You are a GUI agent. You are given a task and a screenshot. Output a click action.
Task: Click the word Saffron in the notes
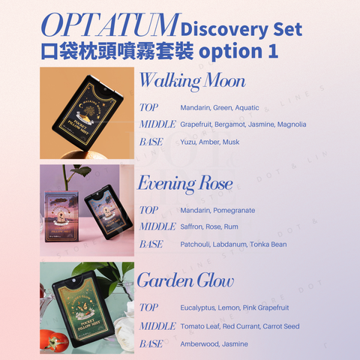(x=193, y=226)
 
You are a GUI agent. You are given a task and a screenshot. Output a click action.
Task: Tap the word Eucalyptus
(x=197, y=308)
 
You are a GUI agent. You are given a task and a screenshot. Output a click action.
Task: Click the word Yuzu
(x=188, y=142)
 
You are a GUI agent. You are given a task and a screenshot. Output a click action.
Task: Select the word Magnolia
(x=291, y=124)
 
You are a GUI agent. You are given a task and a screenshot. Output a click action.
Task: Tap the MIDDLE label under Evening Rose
(x=157, y=226)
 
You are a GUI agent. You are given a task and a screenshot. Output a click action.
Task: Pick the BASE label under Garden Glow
(x=151, y=344)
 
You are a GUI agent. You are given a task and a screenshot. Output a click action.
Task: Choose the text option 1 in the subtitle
(x=239, y=52)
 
